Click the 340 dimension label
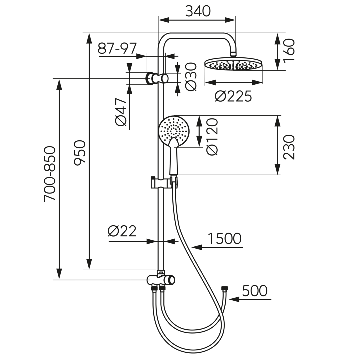click(198, 11)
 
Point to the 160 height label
click(289, 51)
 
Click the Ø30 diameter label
click(191, 76)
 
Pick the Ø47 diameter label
click(121, 112)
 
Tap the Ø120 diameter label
click(212, 136)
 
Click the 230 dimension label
click(289, 147)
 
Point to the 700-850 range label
click(50, 174)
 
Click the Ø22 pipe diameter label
click(122, 231)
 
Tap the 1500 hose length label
click(224, 238)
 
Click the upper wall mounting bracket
click(157, 78)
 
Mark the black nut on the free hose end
click(224, 289)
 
